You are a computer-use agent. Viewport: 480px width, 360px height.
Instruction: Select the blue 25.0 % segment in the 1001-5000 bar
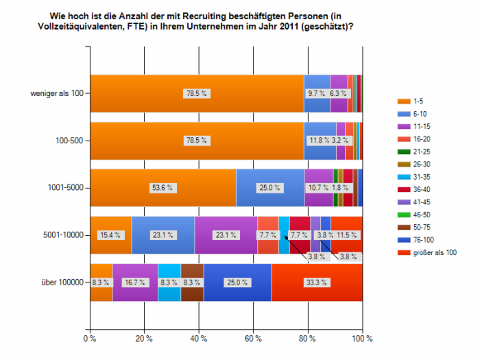269,188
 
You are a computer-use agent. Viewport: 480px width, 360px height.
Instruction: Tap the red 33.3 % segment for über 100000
317,282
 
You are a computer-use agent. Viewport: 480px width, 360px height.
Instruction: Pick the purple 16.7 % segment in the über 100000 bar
135,282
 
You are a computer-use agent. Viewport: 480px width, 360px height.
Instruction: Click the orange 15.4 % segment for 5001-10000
110,235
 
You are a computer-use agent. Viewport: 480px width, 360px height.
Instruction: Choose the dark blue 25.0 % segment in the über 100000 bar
237,282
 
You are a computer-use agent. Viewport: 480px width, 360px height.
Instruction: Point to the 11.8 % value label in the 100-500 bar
317,141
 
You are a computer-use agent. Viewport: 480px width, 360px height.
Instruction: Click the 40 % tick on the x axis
198,338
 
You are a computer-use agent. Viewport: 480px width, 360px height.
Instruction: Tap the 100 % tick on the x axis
362,338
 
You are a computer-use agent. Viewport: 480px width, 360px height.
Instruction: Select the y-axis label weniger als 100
57,93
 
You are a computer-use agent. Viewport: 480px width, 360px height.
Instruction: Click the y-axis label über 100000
62,282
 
